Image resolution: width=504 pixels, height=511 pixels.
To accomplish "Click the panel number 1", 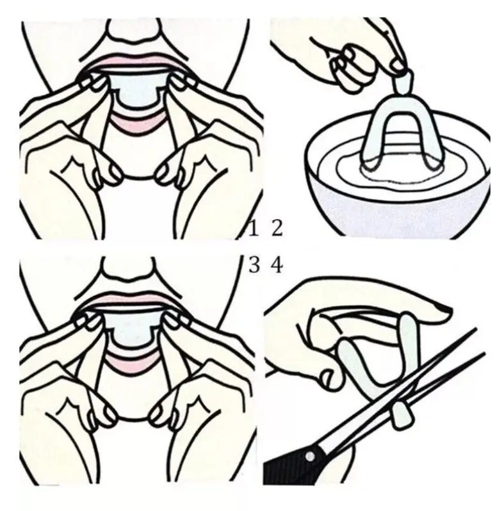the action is [253, 228].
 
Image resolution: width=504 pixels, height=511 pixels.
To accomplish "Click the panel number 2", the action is [277, 228].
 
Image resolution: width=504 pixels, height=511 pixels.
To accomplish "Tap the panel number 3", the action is [254, 264].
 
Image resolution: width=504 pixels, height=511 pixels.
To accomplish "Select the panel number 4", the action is [277, 264].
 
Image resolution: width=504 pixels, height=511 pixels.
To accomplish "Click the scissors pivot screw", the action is [310, 456].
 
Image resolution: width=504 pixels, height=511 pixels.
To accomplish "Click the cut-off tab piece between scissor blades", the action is [402, 415].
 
